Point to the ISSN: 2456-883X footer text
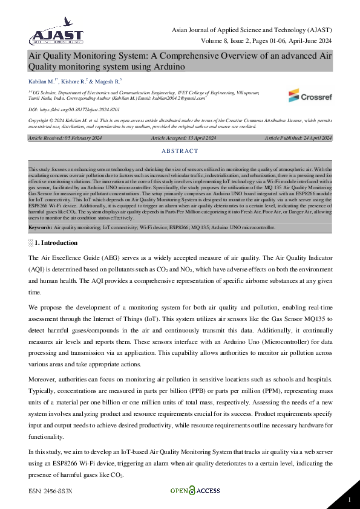pos(50,491)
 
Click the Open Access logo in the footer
pos(195,491)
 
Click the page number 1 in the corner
pos(349,499)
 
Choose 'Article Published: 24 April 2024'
pos(298,138)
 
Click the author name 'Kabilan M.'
pos(41,80)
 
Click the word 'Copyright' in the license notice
pos(39,120)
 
